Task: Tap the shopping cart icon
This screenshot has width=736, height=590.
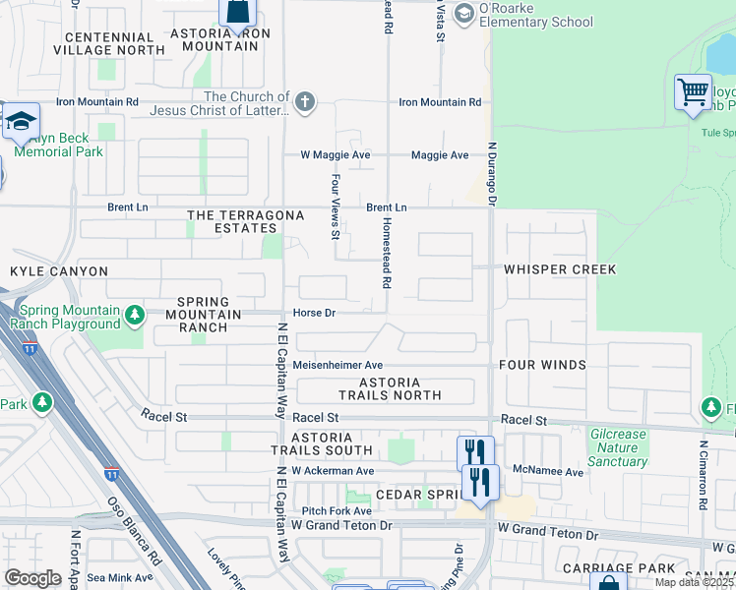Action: pos(693,92)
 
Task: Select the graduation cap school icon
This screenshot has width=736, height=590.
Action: pos(20,122)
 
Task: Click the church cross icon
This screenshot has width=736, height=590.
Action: pos(306,101)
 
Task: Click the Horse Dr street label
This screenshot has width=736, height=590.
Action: pos(315,313)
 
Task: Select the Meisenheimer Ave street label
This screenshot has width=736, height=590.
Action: pos(337,365)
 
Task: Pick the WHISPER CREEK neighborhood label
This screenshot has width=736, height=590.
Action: pos(560,269)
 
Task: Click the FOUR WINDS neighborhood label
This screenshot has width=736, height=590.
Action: pos(542,365)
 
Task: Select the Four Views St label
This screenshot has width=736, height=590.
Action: pos(336,207)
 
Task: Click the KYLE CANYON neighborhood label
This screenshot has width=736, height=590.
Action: pos(59,270)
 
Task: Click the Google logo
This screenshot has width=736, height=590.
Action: pos(32,578)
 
